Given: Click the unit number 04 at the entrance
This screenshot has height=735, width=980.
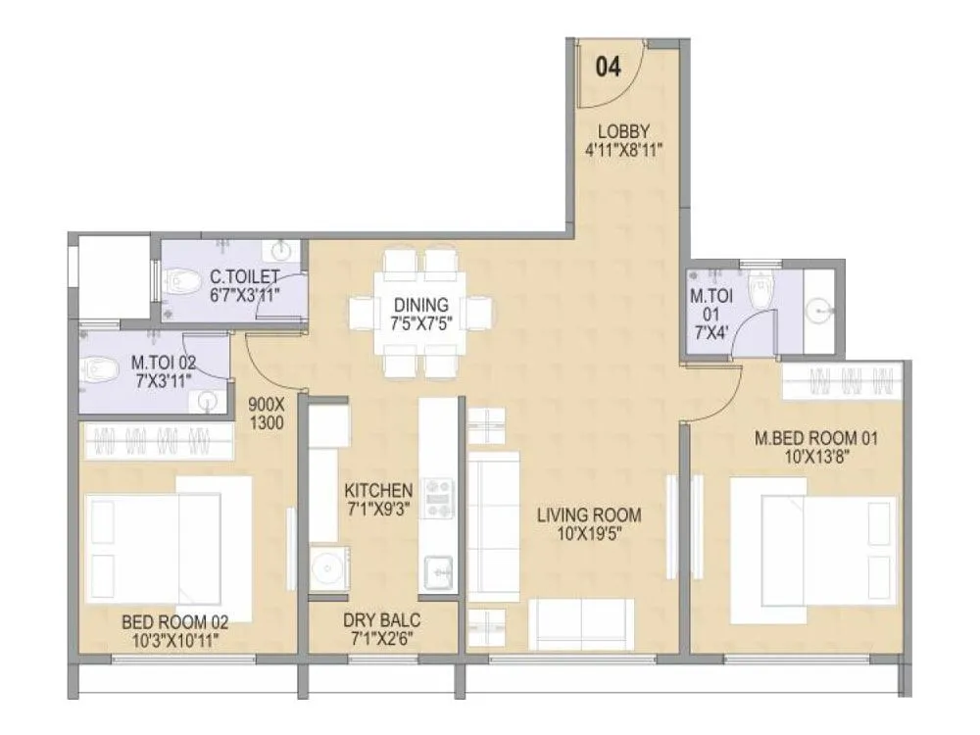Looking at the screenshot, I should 608,67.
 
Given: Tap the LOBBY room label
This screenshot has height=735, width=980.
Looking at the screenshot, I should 625,132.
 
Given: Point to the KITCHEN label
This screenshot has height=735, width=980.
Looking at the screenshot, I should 377,489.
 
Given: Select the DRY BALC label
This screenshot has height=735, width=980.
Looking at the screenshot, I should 382,620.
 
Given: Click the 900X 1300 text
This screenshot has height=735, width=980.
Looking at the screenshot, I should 267,413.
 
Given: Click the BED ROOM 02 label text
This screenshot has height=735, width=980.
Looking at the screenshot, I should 174,621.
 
